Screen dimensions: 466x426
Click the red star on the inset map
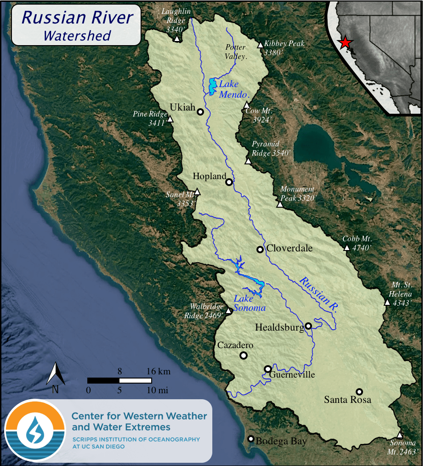[345, 43]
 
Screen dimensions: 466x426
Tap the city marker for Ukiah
[200, 111]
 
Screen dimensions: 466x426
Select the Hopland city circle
[229, 182]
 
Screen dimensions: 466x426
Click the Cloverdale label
[290, 248]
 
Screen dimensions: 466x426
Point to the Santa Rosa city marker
[359, 391]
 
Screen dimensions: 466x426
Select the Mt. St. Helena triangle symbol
[387, 303]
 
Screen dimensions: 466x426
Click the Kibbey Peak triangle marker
[260, 45]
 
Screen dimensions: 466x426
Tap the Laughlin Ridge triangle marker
[177, 39]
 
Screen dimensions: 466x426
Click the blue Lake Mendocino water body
[212, 87]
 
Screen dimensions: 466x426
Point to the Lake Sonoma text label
[249, 303]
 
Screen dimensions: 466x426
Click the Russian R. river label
[318, 295]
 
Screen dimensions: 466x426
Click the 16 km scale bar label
[157, 371]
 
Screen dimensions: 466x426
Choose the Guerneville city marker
[268, 369]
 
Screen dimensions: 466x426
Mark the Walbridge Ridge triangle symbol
[228, 310]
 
